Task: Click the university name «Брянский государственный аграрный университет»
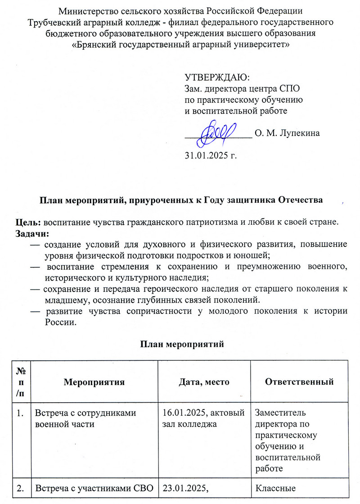(x=180, y=44)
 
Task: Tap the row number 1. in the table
(x=21, y=413)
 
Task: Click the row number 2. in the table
(x=21, y=488)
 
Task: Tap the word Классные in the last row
(x=273, y=488)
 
